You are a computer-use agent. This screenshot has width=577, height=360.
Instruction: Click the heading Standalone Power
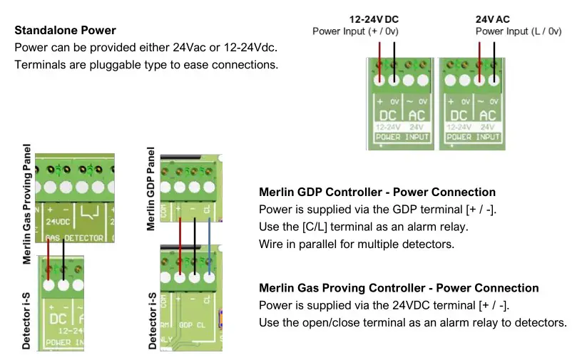point(65,31)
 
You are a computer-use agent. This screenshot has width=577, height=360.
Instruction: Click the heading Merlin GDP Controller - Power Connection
point(377,192)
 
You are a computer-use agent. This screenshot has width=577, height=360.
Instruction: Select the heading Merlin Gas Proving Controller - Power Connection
point(399,289)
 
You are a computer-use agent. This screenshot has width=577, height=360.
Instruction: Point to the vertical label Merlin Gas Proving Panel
point(27,204)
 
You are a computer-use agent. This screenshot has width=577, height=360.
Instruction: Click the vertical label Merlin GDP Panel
point(151,189)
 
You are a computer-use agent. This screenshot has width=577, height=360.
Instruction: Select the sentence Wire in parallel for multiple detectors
point(357,244)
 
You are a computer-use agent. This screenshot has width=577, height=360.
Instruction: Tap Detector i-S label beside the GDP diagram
point(151,321)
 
